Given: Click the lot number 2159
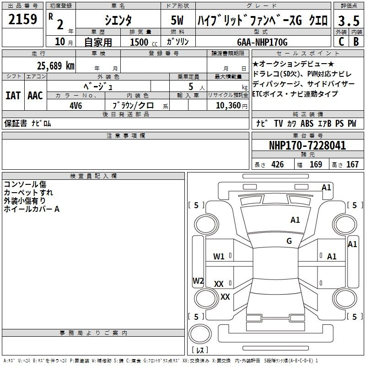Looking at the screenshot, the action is coord(22,19).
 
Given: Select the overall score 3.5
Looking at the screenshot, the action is coord(349,21).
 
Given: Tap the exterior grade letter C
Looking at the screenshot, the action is coord(341,42).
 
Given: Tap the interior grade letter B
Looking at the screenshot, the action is coord(356,42).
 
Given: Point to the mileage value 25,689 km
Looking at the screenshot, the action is coord(56,66).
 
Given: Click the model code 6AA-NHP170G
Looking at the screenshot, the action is coord(262,42).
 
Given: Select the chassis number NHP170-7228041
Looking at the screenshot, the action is coord(307,145).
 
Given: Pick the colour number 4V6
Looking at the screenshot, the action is coord(76,106).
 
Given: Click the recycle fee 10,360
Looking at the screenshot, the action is coord(228,106).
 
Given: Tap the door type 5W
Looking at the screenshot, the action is coord(177,20).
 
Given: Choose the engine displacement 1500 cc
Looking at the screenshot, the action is coord(144,42).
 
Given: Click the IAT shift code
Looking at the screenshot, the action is coord(13,96).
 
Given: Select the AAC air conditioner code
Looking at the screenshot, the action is coord(35,96).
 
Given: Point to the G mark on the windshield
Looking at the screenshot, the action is coord(289,241).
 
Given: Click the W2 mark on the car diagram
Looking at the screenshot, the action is coord(198,280).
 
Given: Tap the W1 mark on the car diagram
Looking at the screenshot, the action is coord(219,257).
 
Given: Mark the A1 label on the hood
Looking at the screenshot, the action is coord(295,220).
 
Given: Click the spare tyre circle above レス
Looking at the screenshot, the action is coord(200,334).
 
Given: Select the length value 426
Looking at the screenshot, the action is coord(278,165).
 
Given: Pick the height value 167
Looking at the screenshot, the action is coord(352,165).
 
